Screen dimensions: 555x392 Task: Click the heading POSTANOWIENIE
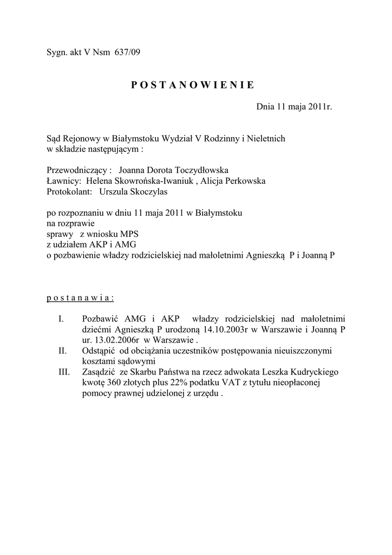click(x=192, y=85)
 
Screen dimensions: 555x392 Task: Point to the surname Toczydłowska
click(x=191, y=170)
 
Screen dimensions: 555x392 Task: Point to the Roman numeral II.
click(x=62, y=351)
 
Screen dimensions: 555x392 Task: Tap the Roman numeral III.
click(x=64, y=372)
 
